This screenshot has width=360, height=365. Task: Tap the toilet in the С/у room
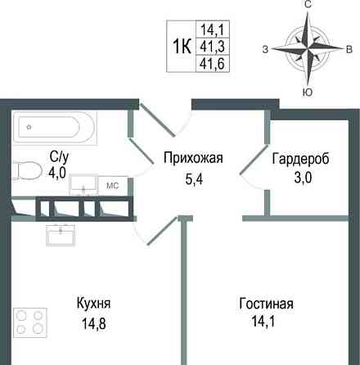click(29, 170)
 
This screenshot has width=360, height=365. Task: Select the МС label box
click(114, 186)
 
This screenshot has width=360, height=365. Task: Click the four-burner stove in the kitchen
click(30, 322)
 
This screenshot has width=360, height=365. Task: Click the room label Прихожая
click(193, 158)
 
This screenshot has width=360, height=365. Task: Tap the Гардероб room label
click(300, 158)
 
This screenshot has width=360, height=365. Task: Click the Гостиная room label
click(266, 304)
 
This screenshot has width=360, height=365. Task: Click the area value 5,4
click(193, 174)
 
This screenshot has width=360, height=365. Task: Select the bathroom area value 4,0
click(57, 172)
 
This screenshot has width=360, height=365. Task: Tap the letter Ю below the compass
click(308, 92)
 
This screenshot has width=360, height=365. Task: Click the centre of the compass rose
click(308, 48)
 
